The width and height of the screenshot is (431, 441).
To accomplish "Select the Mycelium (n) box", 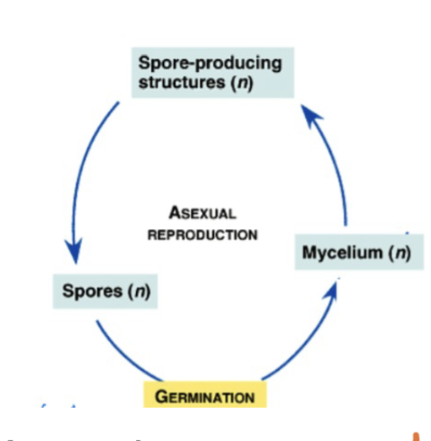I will point(353,253).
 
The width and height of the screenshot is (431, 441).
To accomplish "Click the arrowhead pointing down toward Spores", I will point(74,253).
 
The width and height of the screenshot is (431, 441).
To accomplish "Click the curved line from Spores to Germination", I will point(123,355).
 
